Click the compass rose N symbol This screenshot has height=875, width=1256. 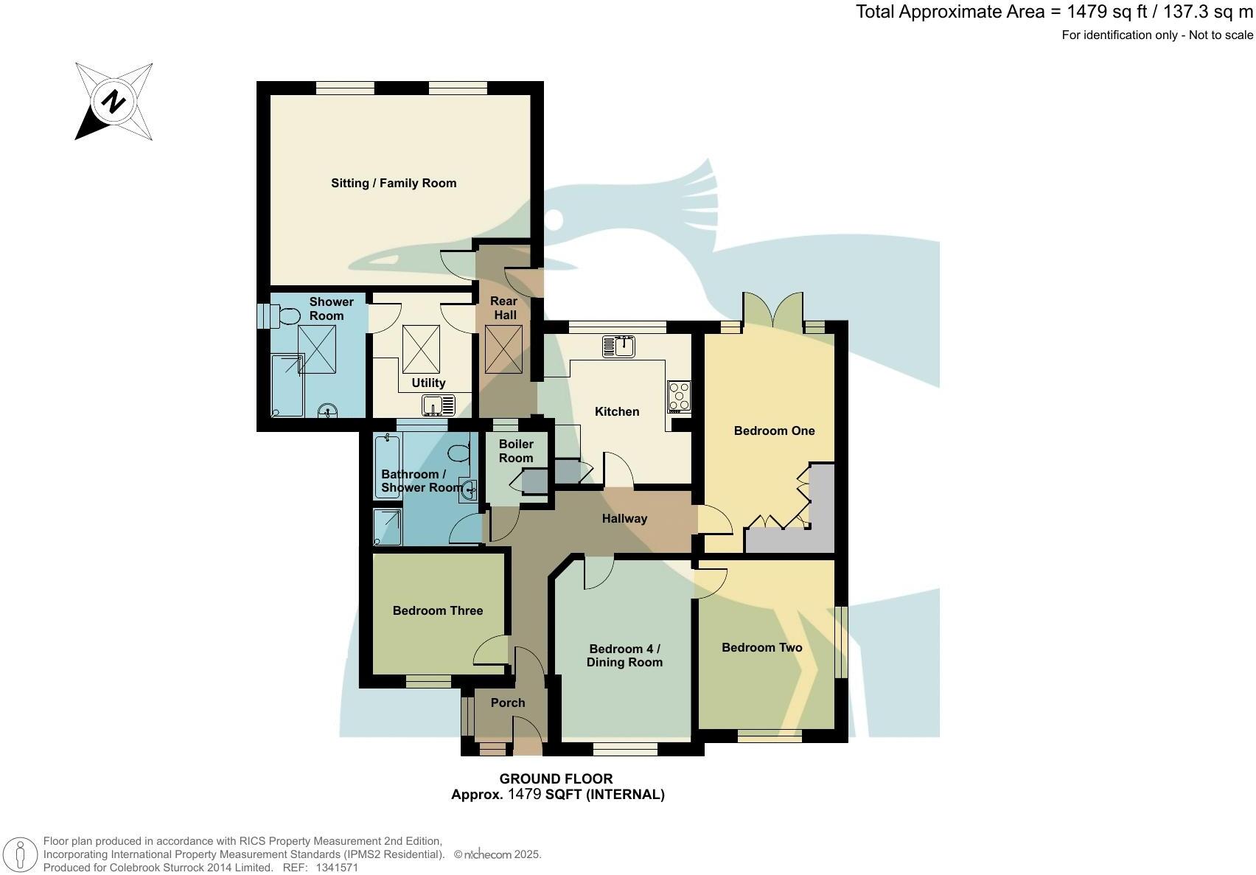point(114,101)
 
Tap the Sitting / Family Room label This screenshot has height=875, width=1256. point(394,183)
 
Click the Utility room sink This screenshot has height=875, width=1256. point(440,405)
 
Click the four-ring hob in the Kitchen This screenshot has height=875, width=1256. point(679,396)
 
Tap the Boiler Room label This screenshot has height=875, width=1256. point(516,451)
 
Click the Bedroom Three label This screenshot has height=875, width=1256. point(437,610)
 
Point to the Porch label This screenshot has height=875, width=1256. point(508,703)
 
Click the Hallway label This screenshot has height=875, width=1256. point(624,518)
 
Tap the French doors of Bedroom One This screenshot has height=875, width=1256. point(772,310)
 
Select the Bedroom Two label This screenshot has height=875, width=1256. point(761,647)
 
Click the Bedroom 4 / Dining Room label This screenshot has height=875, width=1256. point(624,655)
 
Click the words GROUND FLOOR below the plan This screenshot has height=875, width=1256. point(556,778)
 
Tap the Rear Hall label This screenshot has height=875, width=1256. point(504,308)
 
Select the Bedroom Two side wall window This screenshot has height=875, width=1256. point(841,641)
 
